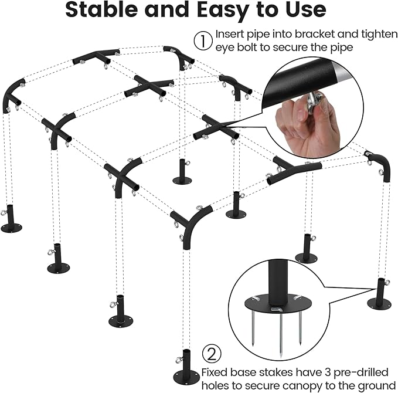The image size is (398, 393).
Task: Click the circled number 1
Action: (x=203, y=40)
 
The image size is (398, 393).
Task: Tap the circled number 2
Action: (x=212, y=354)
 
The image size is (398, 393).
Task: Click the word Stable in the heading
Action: (x=101, y=9)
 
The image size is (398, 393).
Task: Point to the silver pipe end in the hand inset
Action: (x=343, y=72)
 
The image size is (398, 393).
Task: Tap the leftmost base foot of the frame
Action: (x=11, y=219)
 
